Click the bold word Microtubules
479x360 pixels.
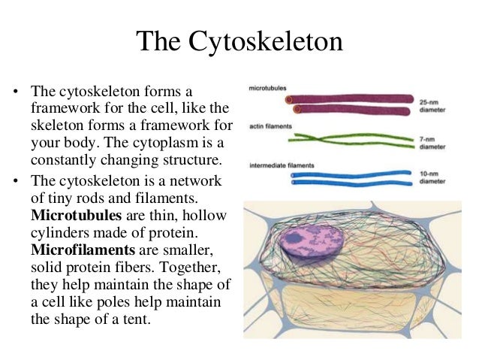(x=68, y=216)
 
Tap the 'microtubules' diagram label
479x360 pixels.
(x=268, y=88)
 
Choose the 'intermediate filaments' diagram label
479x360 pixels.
(x=282, y=165)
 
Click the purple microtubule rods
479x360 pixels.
(x=353, y=104)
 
